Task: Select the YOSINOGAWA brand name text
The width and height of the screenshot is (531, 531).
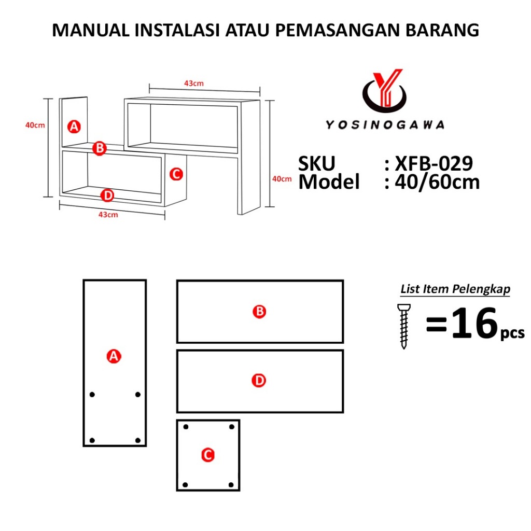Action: (x=385, y=125)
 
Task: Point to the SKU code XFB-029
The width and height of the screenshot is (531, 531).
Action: (x=434, y=163)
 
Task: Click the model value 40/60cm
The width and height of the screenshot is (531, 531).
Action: (x=437, y=182)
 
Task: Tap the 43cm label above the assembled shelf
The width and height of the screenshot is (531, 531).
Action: (x=194, y=83)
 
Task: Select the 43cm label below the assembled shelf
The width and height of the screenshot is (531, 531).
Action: (x=108, y=215)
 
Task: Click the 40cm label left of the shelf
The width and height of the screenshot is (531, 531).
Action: (x=35, y=125)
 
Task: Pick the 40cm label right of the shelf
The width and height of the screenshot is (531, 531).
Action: (x=282, y=179)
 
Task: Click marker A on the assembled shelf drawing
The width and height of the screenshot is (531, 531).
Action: (x=74, y=127)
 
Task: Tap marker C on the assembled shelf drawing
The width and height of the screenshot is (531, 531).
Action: (x=176, y=174)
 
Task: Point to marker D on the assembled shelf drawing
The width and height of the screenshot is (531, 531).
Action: (x=107, y=195)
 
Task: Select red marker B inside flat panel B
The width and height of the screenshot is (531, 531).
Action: (x=259, y=311)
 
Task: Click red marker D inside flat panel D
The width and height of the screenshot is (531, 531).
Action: (x=259, y=380)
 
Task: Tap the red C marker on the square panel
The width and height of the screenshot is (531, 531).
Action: (x=207, y=455)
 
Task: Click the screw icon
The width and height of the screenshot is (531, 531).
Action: (x=403, y=326)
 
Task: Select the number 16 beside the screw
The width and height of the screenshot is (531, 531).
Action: (x=475, y=324)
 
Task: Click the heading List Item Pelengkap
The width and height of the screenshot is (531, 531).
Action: (x=455, y=289)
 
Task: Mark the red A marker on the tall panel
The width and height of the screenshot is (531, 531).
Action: (x=114, y=356)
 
